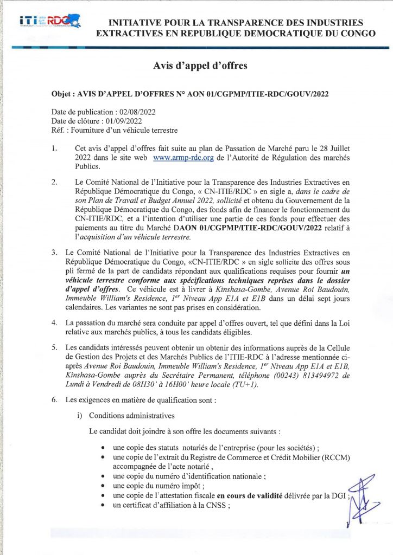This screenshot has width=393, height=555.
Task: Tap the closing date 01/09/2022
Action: [124, 121]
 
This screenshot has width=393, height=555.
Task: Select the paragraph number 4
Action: [54, 322]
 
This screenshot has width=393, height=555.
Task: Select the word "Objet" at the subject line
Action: [60, 93]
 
